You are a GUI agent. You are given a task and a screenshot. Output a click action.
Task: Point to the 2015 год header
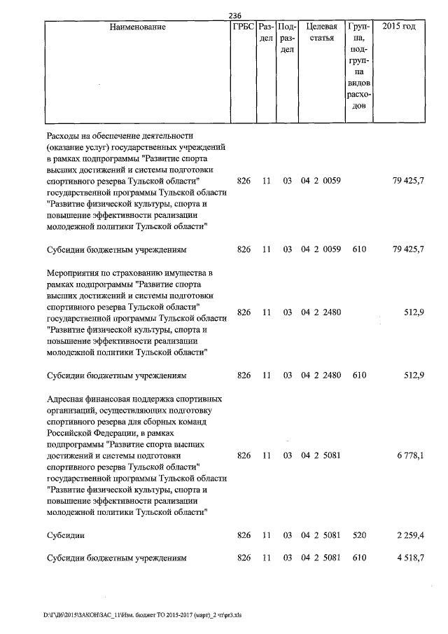point(399,27)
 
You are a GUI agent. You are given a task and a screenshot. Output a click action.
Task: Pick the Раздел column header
point(266,33)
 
